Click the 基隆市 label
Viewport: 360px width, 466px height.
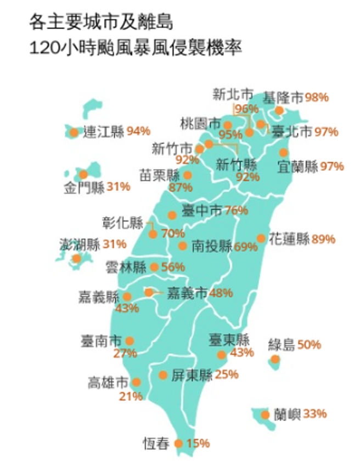pyautogui.click(x=283, y=98)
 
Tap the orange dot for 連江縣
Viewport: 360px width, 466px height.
pyautogui.click(x=74, y=132)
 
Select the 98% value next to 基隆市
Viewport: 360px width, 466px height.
pyautogui.click(x=317, y=98)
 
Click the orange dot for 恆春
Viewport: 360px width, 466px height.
pyautogui.click(x=178, y=444)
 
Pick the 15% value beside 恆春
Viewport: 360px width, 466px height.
pyautogui.click(x=199, y=444)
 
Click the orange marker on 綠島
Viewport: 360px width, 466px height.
pyautogui.click(x=275, y=360)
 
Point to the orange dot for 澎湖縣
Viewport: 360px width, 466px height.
pyautogui.click(x=76, y=258)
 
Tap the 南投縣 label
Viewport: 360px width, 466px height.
pyautogui.click(x=212, y=246)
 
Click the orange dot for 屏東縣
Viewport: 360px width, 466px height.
pyautogui.click(x=163, y=375)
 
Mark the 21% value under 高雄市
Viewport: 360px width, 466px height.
pyautogui.click(x=131, y=396)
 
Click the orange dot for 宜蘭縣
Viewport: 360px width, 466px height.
pyautogui.click(x=283, y=152)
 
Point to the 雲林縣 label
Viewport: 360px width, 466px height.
pyautogui.click(x=126, y=268)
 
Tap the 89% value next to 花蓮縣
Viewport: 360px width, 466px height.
pyautogui.click(x=324, y=239)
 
